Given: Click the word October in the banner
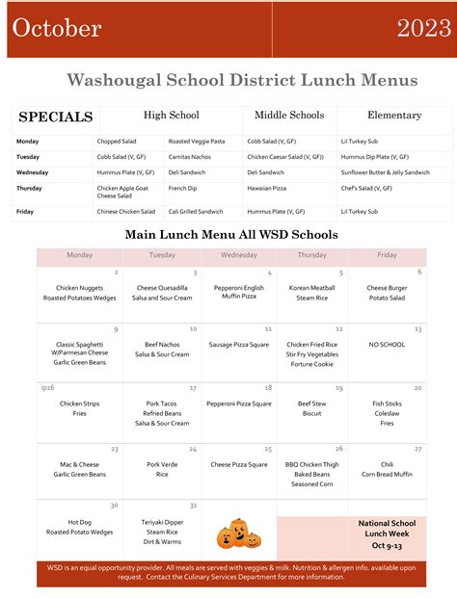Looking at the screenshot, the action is [57, 28].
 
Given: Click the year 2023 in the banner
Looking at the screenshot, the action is [423, 28].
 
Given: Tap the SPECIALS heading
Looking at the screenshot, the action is [56, 117].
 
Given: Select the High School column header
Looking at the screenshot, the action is [171, 116].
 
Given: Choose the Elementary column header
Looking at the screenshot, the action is [394, 116].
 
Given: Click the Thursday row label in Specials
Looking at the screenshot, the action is [30, 188].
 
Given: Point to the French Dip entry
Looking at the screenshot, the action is [182, 188].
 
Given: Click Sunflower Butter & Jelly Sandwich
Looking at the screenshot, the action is [386, 172].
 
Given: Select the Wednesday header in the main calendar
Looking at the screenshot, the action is [239, 255].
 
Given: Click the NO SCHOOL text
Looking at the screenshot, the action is [387, 344].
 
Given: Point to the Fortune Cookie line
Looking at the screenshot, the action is [311, 364].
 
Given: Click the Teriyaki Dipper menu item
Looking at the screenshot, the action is [162, 521].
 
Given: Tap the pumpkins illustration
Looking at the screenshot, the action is [238, 533].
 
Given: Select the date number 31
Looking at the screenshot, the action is [193, 506].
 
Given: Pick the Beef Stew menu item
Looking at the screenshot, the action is [311, 404].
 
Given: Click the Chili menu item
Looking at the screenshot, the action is [387, 464].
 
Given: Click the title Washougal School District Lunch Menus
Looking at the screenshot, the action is [242, 81].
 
